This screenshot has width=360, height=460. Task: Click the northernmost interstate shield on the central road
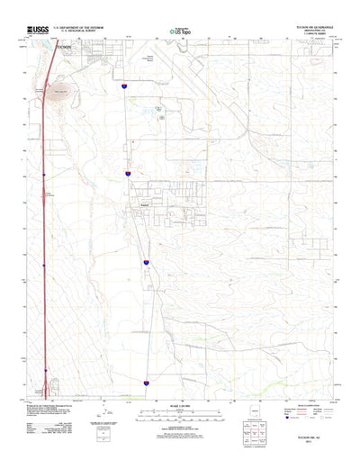point(124,86)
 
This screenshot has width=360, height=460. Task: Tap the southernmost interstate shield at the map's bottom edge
point(146,382)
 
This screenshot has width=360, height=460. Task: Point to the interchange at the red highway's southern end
point(46,390)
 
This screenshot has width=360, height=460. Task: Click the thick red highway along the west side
point(43,225)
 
